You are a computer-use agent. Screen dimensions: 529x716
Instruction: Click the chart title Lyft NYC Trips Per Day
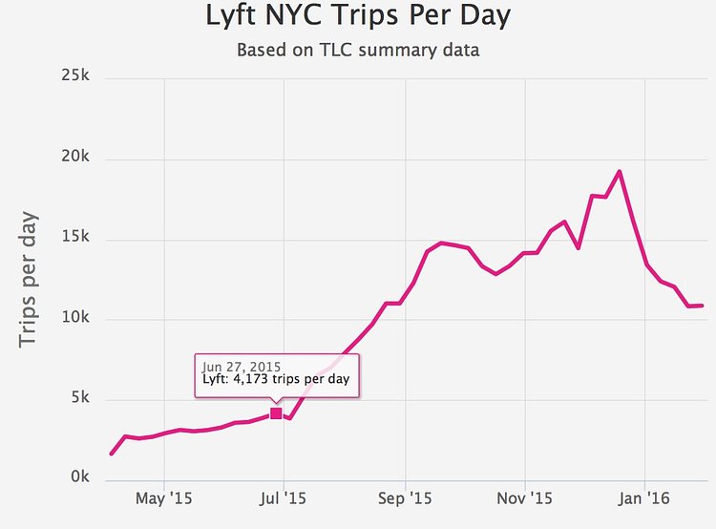(358, 16)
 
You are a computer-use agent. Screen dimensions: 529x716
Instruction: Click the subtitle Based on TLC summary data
(358, 50)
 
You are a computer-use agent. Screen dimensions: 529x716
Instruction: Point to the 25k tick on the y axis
(74, 76)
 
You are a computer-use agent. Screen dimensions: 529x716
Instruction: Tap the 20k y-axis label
(74, 158)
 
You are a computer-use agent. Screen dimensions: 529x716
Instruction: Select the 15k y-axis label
(74, 239)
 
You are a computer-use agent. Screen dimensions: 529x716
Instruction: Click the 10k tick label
(74, 319)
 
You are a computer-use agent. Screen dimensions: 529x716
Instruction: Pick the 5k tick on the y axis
(78, 398)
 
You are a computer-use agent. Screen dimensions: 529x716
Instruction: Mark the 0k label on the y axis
(78, 478)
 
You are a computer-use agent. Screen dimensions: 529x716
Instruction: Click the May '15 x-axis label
(164, 497)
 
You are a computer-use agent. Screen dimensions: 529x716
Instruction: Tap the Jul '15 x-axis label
(284, 497)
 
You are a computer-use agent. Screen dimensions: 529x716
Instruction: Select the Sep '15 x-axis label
(406, 497)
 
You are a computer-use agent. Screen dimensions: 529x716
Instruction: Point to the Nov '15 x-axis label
(525, 497)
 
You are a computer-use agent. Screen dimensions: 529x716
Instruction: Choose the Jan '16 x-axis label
(644, 497)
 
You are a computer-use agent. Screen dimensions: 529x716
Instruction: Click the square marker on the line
(276, 413)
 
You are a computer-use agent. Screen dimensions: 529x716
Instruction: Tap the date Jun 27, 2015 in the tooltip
(235, 365)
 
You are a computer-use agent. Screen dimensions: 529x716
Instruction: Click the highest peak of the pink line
(620, 172)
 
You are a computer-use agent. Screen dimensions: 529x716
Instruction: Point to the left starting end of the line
(112, 454)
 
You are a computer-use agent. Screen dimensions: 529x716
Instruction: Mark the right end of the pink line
(703, 306)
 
